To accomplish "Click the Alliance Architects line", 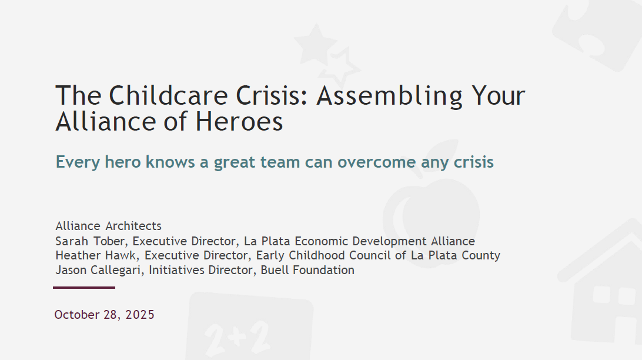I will (108, 226).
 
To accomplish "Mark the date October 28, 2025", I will (104, 315).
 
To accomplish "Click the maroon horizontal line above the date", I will (84, 288).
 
